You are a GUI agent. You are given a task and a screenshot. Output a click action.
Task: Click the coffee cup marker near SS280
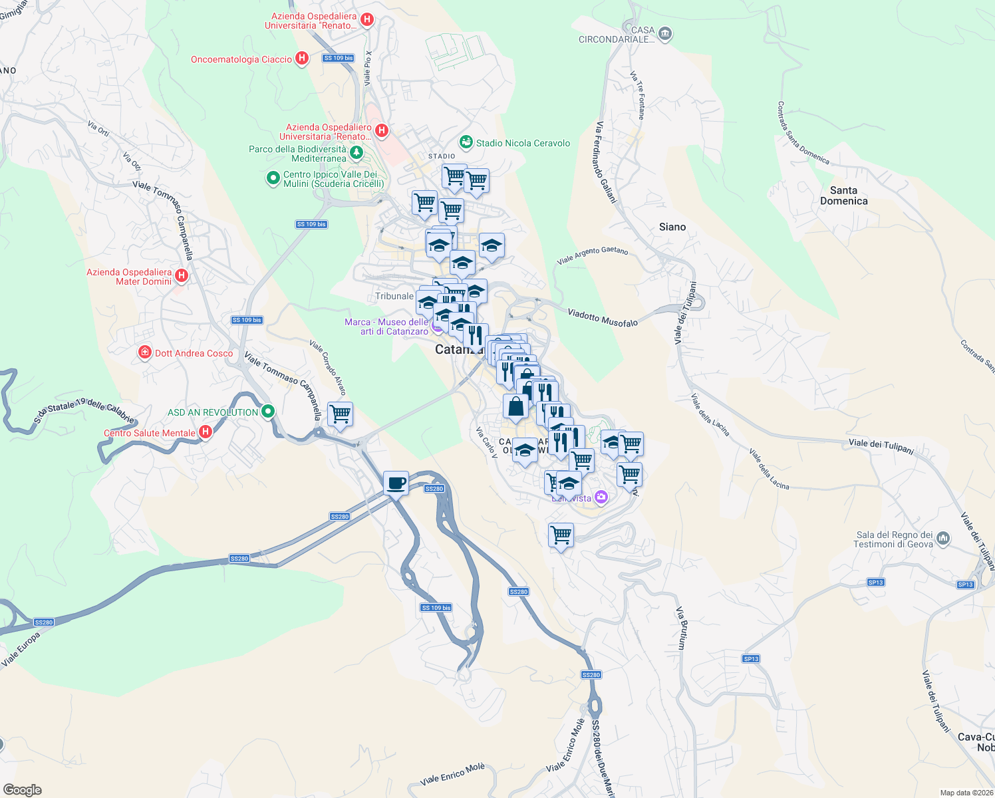point(396,483)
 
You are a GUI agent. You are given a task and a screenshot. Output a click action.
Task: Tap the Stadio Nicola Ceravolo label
point(523,143)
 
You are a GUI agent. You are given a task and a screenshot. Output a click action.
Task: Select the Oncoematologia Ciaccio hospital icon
point(302,59)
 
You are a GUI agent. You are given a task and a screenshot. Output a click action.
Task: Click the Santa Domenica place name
point(843,196)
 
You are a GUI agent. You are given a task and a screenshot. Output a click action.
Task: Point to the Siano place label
point(672,227)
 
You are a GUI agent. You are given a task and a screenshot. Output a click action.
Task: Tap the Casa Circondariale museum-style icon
point(664,35)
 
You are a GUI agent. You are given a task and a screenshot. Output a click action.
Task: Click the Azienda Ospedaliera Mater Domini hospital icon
point(182,275)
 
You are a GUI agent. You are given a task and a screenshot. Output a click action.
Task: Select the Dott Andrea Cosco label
point(194,353)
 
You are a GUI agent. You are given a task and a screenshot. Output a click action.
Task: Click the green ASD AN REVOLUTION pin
point(268,412)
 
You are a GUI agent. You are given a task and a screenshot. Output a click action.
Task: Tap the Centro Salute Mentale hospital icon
point(206,432)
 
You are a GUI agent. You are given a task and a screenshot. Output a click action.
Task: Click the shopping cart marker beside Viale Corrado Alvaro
point(341,414)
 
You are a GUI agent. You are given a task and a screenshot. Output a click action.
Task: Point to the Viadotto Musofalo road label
point(603,318)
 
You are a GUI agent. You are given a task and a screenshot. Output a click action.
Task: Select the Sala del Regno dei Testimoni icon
point(943,537)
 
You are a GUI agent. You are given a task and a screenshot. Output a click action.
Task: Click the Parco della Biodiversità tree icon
point(356,154)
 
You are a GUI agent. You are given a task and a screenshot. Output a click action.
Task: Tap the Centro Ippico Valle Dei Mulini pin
point(273,178)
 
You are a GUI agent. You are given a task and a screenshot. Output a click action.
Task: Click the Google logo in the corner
point(23,790)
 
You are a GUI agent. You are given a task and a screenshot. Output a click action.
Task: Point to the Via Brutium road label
point(681,628)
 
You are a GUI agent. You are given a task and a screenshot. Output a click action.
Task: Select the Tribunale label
point(394,296)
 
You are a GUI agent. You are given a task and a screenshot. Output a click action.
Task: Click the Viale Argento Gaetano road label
point(592,255)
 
